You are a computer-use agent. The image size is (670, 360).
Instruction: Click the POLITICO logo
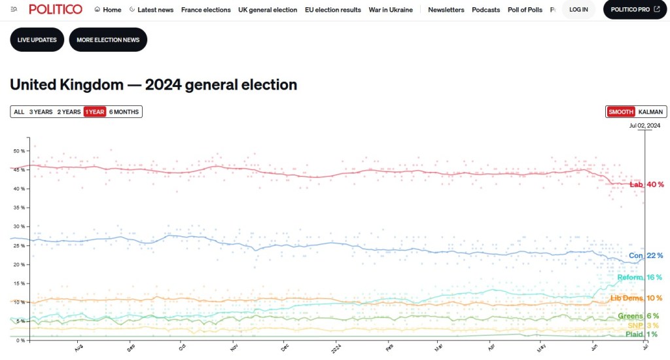[x=56, y=9]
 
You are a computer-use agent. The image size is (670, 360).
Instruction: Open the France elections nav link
[x=206, y=10]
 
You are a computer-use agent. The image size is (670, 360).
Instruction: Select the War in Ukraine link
[x=391, y=10]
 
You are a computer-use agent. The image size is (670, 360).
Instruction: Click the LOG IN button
[x=578, y=10]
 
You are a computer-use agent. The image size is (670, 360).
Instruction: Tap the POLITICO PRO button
[x=635, y=10]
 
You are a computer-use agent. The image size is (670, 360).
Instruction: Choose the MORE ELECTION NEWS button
[x=108, y=40]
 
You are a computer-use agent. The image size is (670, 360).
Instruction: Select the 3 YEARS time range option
[x=41, y=112]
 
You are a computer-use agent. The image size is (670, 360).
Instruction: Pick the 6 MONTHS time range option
[x=124, y=112]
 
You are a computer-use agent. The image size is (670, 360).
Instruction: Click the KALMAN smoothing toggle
[x=650, y=112]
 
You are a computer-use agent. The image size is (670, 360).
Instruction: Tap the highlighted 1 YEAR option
[x=95, y=112]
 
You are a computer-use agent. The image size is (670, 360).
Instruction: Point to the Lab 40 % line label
[x=646, y=185]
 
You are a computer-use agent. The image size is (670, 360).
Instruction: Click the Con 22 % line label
[x=646, y=255]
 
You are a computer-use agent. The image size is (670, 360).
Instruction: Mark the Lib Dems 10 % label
[x=636, y=298]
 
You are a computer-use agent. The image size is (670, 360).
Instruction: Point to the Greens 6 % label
[x=638, y=316]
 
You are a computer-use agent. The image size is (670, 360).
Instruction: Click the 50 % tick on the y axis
[x=18, y=151]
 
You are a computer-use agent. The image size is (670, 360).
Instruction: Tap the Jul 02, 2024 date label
[x=644, y=125]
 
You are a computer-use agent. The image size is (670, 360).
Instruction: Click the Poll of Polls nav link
[x=525, y=10]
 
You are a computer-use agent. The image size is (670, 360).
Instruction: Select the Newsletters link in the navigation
[x=446, y=10]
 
